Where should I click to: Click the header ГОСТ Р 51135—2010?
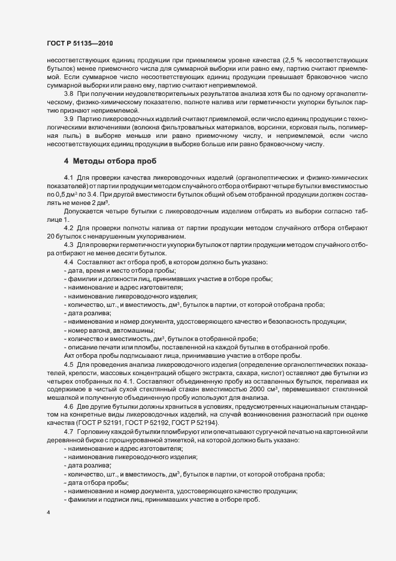coord(79,43)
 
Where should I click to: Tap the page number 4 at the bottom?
coord(47,513)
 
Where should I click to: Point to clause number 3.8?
coord(69,94)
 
